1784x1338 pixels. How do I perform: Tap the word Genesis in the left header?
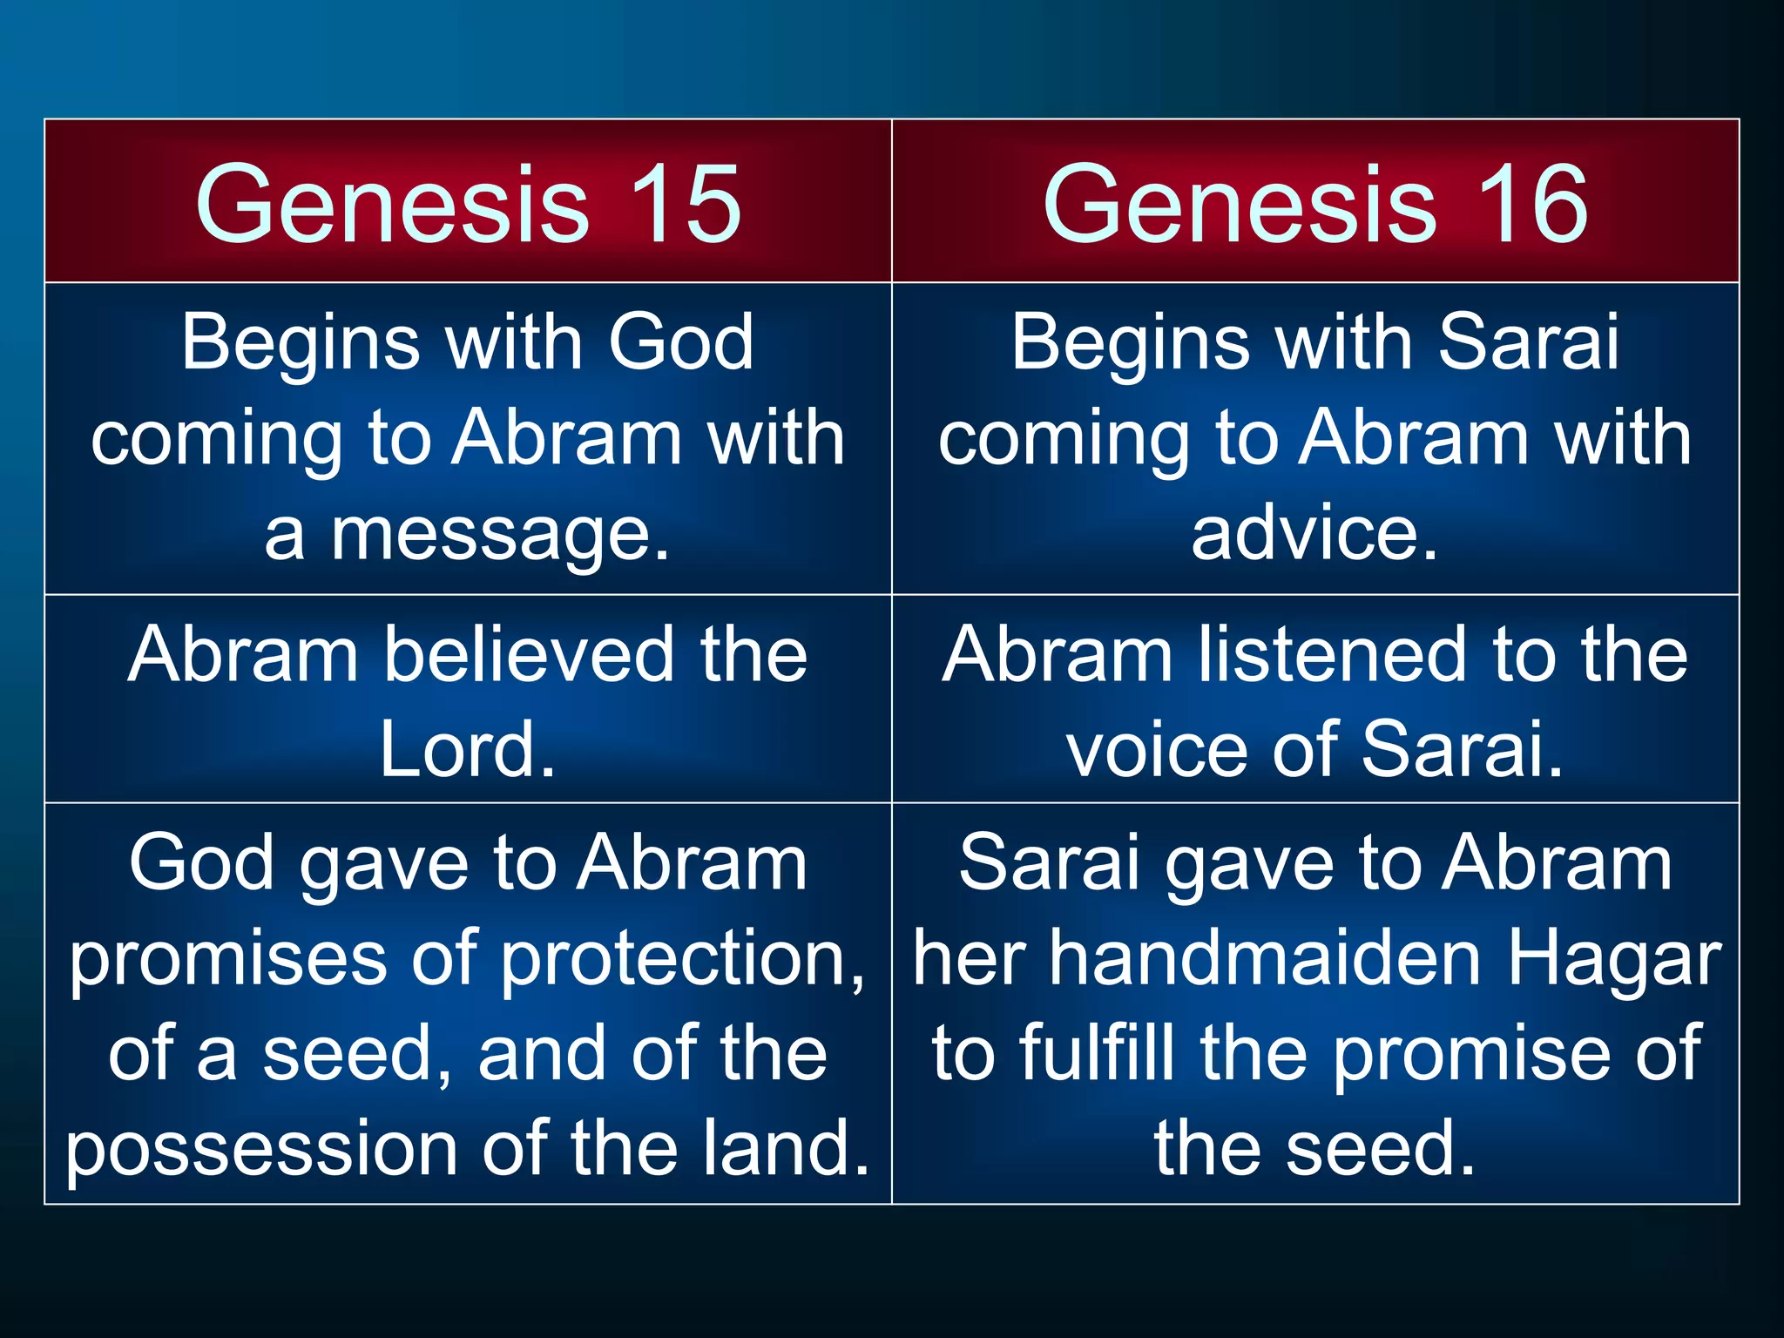[393, 204]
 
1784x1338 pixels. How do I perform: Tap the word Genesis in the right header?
[1240, 204]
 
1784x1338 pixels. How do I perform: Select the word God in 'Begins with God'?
[680, 341]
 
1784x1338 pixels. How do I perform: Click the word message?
[502, 533]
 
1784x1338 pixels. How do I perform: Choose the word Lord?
[468, 749]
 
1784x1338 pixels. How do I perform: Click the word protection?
[683, 958]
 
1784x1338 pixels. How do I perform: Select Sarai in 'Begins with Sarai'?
[1528, 341]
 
